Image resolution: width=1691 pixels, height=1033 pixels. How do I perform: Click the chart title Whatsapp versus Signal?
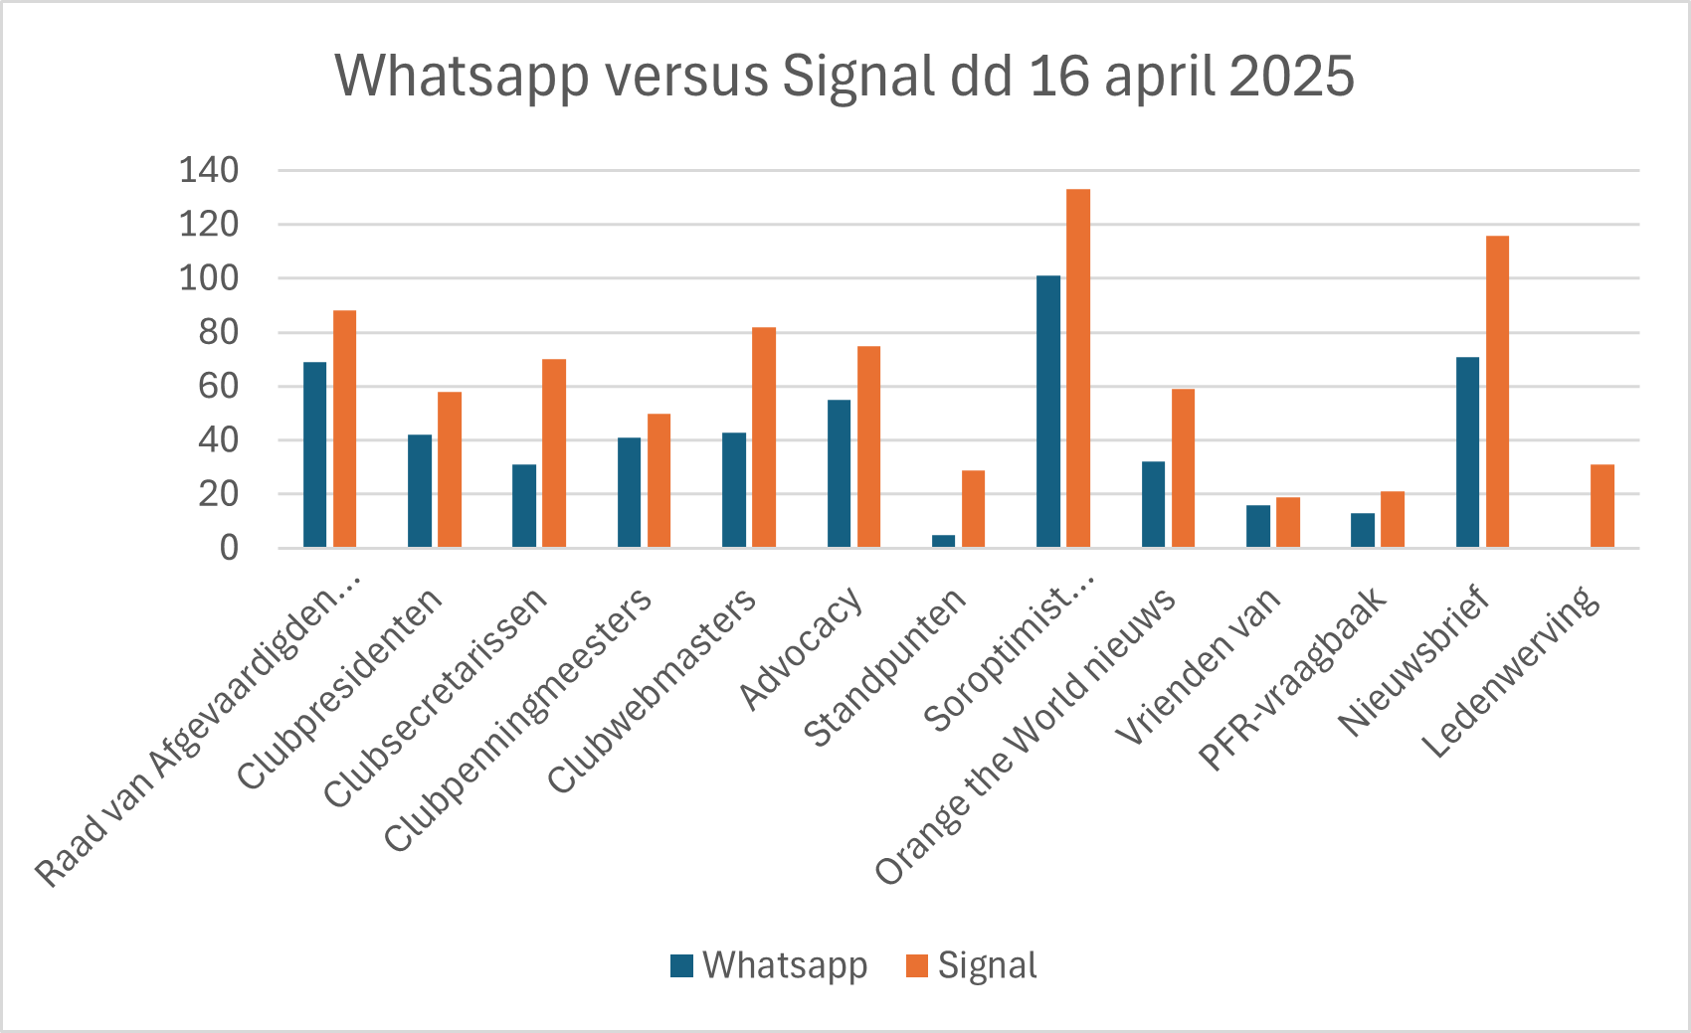(844, 76)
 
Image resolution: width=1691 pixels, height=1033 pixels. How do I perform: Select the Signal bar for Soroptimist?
(1078, 368)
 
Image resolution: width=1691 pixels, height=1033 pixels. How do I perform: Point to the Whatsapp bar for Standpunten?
(943, 541)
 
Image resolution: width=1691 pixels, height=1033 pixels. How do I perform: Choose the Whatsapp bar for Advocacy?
(839, 473)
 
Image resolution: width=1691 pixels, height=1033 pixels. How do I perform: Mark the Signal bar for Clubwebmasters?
(764, 437)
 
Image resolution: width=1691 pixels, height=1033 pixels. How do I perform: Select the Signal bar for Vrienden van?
(1288, 522)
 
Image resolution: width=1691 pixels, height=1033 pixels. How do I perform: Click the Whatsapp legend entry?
(769, 965)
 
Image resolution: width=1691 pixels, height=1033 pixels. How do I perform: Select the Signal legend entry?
(972, 965)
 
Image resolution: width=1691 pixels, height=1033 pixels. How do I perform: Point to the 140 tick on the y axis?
(209, 170)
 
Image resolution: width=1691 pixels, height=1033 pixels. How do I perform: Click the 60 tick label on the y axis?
(219, 386)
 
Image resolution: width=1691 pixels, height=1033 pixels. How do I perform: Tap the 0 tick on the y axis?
(230, 548)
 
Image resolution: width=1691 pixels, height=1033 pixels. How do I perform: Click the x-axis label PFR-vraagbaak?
(1293, 678)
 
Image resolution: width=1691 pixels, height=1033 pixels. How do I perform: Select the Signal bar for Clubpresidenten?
(450, 469)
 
